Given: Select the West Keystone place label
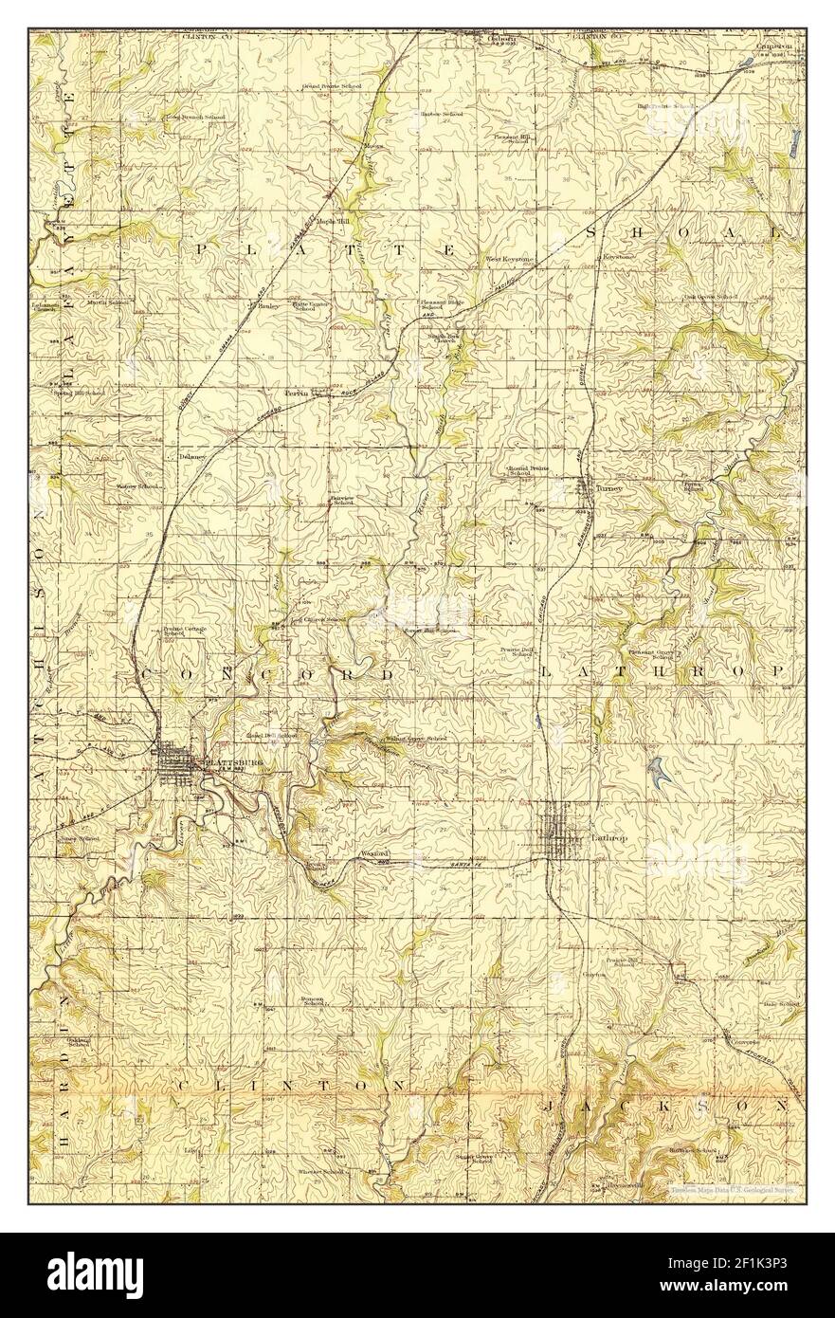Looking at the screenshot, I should (x=511, y=258).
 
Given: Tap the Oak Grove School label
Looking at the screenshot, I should (x=712, y=297).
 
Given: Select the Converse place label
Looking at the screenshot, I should (x=747, y=1041).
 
